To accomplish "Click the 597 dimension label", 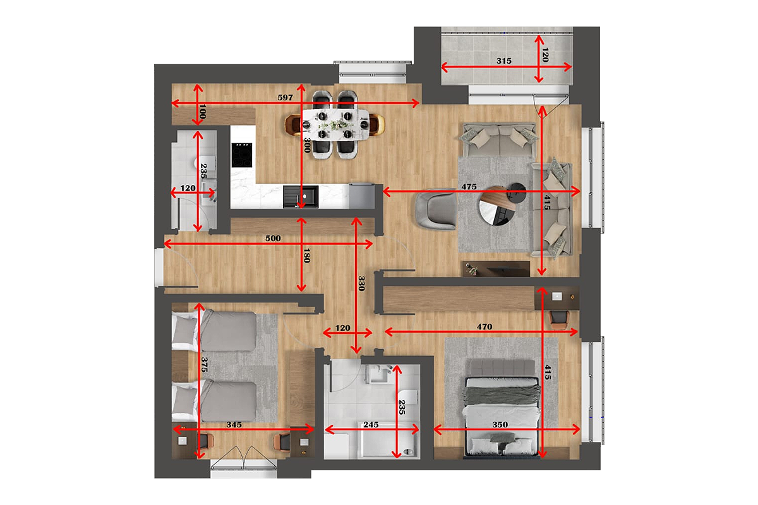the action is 285,97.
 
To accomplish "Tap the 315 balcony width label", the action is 504,61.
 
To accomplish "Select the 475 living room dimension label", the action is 469,186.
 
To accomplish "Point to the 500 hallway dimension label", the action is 273,238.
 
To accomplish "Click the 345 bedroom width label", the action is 234,424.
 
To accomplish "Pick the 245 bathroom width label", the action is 371,424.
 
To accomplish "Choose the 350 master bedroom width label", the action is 500,424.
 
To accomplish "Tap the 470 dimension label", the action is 484,327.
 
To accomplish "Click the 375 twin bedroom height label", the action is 204,365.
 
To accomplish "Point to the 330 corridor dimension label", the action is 361,283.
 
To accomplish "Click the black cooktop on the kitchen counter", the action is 241,155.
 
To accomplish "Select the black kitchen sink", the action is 301,196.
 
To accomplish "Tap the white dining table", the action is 335,124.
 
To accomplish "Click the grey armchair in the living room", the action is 436,209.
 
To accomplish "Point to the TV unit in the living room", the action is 496,269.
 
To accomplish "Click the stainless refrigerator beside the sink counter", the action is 361,196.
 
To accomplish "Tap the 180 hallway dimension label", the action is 306,256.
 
